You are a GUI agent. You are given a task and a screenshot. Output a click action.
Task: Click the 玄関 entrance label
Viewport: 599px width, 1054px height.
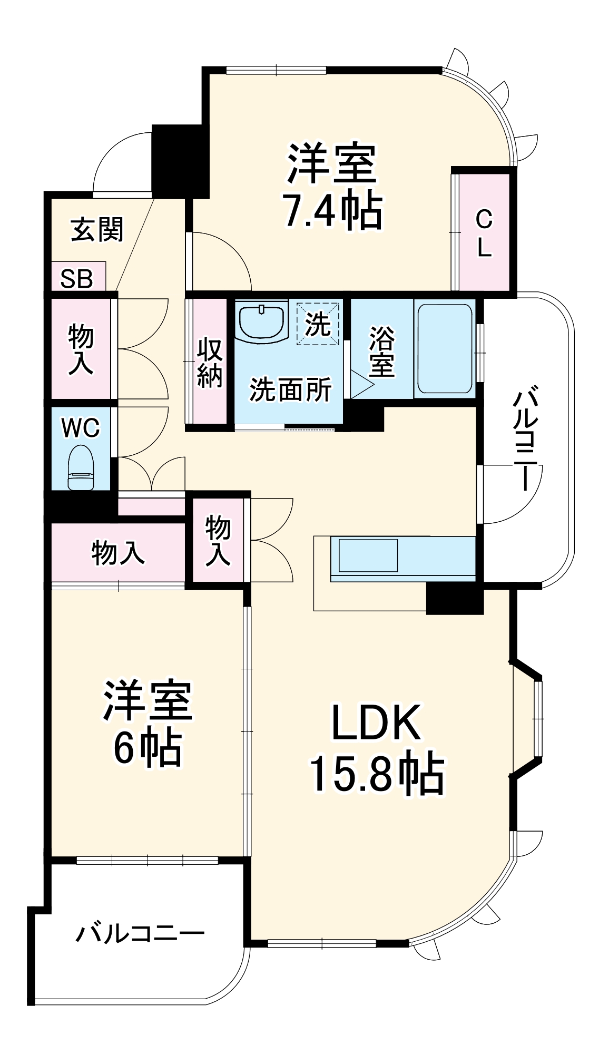97,230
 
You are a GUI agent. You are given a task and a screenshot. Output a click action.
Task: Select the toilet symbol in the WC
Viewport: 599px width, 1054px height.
81,467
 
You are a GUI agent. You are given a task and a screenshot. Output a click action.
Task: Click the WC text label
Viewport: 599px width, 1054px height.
81,428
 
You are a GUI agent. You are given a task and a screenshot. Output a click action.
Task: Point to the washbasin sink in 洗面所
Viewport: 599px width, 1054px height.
262,320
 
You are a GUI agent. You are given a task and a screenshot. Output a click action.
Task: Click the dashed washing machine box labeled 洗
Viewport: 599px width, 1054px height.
318,323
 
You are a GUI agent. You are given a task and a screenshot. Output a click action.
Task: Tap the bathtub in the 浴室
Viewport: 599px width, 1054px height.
444,348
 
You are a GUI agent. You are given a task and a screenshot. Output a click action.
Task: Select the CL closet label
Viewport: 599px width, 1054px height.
484,232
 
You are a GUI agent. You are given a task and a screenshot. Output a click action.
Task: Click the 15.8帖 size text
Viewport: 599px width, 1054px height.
377,775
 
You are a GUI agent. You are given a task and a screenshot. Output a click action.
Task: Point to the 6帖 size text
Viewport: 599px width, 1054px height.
148,747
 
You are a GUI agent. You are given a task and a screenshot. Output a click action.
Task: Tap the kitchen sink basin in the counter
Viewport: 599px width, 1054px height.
368,555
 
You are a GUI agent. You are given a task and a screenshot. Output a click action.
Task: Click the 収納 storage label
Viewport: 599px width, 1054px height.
209,363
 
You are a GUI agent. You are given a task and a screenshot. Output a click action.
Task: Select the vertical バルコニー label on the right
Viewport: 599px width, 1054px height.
527,440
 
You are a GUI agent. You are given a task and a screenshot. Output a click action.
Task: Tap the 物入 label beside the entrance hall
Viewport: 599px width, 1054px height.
81,350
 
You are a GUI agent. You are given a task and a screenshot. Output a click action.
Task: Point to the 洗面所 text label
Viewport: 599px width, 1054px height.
290,390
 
